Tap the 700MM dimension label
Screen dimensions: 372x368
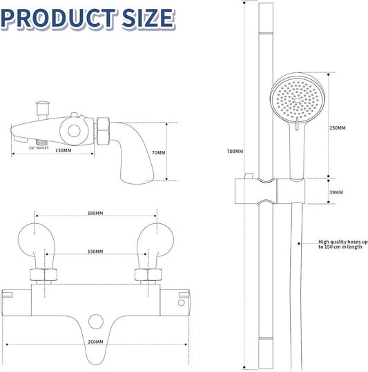[x=235, y=151]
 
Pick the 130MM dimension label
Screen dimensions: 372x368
[x=63, y=150]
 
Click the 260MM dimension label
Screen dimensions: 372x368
[x=95, y=342]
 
